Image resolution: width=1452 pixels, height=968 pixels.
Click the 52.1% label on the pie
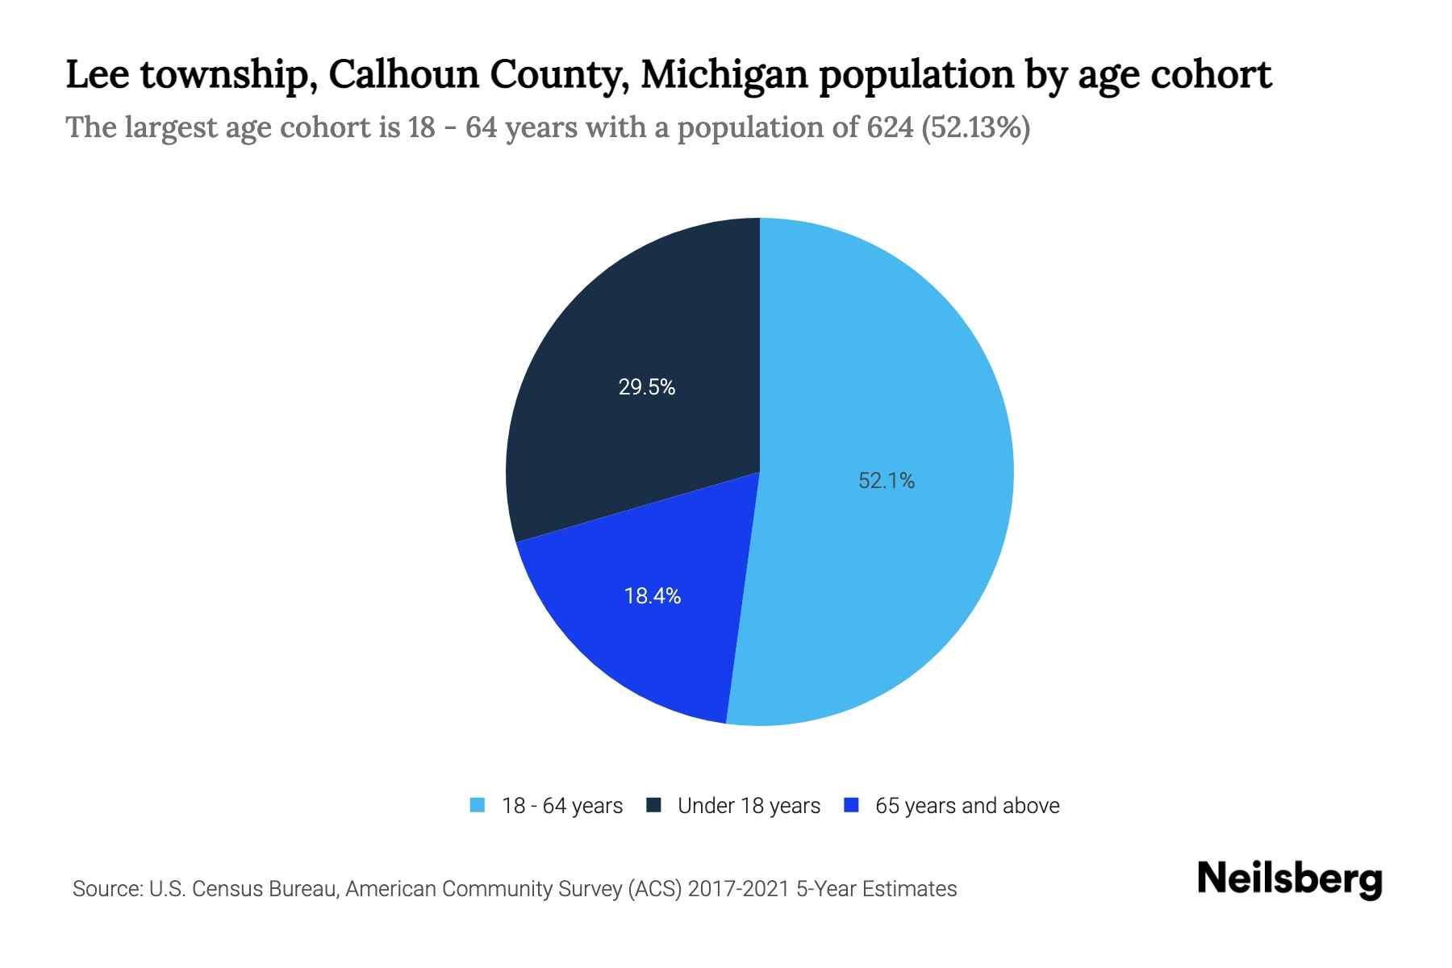click(886, 481)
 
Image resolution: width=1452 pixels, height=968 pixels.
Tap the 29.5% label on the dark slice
click(646, 387)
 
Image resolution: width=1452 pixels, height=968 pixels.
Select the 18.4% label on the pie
click(652, 596)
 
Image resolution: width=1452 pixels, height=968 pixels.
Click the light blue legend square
click(478, 805)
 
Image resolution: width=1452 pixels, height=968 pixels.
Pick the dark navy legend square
click(653, 805)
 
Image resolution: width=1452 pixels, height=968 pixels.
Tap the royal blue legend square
click(850, 805)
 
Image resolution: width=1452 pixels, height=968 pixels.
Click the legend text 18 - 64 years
click(561, 806)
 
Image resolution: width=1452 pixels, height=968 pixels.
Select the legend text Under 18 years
click(749, 806)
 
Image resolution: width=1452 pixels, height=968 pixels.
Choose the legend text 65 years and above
click(966, 806)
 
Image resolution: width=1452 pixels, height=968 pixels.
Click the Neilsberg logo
click(1289, 879)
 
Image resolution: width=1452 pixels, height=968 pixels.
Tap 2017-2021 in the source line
click(739, 889)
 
